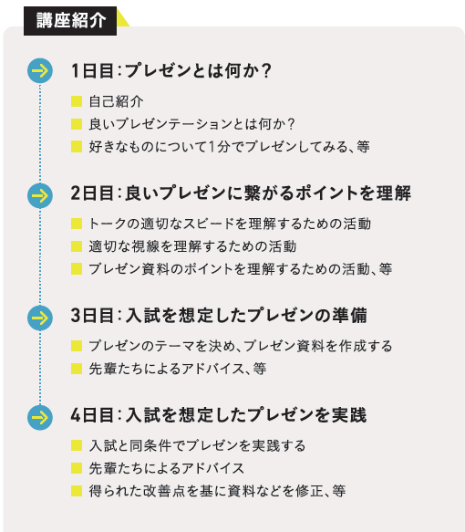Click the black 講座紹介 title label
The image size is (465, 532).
tap(70, 21)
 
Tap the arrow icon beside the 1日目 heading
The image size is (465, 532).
tap(40, 70)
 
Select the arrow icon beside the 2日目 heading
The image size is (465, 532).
tap(40, 195)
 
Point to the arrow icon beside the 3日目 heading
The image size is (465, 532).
tap(40, 318)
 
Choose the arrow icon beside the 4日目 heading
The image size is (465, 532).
tap(40, 417)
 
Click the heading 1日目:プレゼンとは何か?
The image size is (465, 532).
tap(171, 71)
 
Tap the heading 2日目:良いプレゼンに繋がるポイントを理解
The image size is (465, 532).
tap(241, 193)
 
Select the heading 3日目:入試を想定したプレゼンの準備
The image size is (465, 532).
tap(219, 315)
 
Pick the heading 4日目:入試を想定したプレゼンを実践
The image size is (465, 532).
tap(219, 415)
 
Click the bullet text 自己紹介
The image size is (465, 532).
tap(116, 101)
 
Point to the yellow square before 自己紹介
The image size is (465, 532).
tap(77, 101)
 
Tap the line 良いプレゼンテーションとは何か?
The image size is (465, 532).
tap(191, 124)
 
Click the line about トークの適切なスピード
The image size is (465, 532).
tap(230, 224)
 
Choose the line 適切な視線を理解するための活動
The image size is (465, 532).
tap(192, 246)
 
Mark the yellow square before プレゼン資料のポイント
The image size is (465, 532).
tap(77, 268)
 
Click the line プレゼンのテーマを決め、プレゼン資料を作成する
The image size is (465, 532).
tap(241, 346)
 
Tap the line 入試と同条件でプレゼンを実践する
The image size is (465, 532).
tap(197, 446)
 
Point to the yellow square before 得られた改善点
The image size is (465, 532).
tap(77, 491)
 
